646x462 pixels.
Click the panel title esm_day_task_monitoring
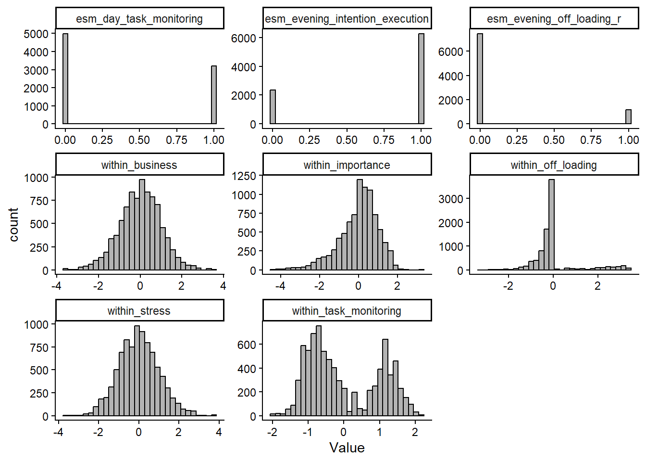[x=139, y=19]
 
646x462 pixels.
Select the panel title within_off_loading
[x=554, y=165]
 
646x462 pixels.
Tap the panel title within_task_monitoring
[x=347, y=311]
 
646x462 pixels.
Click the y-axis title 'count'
[x=13, y=224]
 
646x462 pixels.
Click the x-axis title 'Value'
[x=347, y=448]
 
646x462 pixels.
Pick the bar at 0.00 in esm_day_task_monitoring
[x=65, y=79]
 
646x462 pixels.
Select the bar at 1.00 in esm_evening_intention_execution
[x=421, y=79]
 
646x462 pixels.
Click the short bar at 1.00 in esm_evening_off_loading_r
[x=628, y=117]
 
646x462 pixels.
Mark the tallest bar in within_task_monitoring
[x=319, y=371]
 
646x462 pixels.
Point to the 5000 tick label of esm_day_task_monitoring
[x=36, y=34]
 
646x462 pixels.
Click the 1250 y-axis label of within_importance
[x=244, y=176]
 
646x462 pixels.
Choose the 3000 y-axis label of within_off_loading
[x=450, y=199]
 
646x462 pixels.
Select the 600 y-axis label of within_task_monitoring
[x=247, y=345]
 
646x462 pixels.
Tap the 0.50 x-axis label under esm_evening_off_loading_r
[x=554, y=140]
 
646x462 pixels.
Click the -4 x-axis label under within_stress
[x=58, y=432]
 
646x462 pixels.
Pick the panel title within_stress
[x=139, y=311]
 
